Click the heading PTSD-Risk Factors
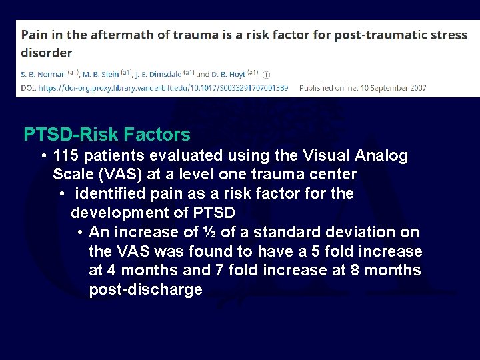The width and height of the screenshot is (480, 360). [x=107, y=135]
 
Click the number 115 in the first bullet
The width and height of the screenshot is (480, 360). [x=66, y=156]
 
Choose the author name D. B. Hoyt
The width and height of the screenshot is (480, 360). [x=229, y=74]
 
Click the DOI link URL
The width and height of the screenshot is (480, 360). [x=163, y=88]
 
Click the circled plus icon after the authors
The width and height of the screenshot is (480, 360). [x=267, y=75]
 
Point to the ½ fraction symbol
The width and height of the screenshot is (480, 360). [x=209, y=233]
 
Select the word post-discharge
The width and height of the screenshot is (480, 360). [x=145, y=290]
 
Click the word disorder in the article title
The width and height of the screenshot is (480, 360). [x=47, y=52]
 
